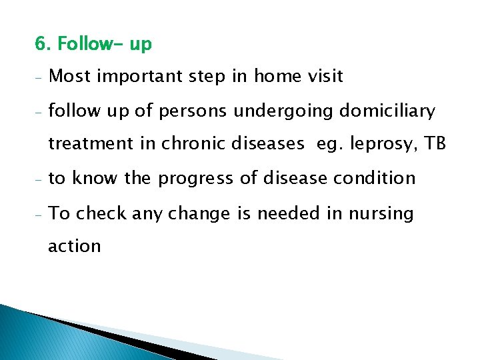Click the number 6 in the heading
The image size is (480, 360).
pos(40,45)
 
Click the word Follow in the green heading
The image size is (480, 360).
pos(83,45)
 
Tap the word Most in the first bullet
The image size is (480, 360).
pos(70,76)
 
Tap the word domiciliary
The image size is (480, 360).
pos(387,111)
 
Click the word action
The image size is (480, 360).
pos(75,246)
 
